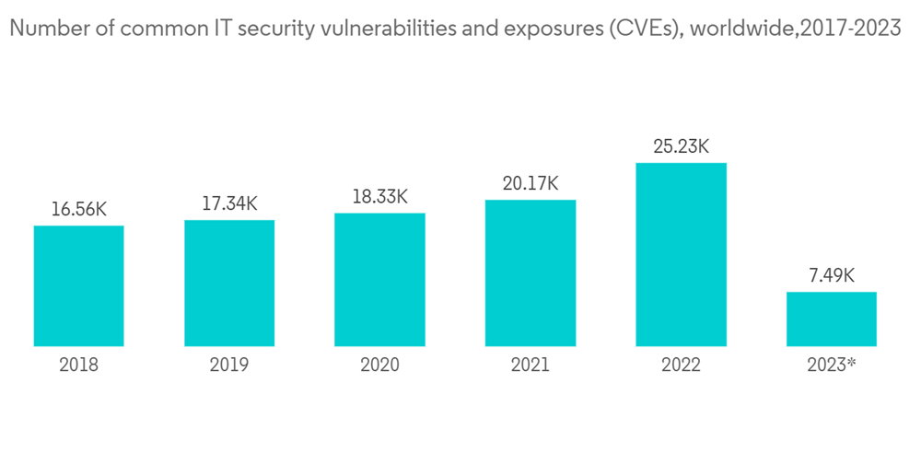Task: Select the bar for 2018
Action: pos(78,286)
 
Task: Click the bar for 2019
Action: pos(229,284)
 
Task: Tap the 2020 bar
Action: pos(379,280)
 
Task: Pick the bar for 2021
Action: pos(530,273)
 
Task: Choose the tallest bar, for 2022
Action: pos(681,255)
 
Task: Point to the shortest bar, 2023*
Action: pos(831,319)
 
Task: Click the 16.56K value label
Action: pos(78,211)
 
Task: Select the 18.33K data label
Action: pos(379,198)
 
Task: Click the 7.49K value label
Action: pos(831,276)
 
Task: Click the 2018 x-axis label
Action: pos(78,365)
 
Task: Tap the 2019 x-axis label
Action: pos(229,365)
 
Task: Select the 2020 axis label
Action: pos(379,365)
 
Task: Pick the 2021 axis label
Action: pos(530,365)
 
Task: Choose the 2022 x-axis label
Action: pos(681,365)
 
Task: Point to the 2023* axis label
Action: pos(831,365)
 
